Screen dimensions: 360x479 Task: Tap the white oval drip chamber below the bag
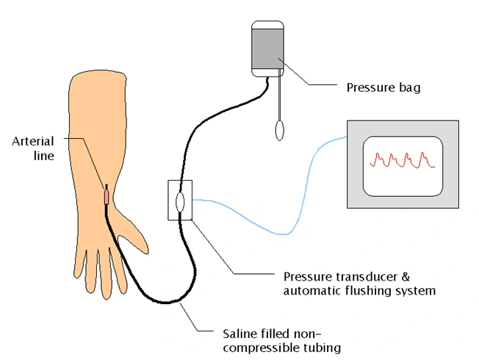click(x=279, y=131)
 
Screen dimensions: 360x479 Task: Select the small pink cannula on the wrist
click(x=106, y=196)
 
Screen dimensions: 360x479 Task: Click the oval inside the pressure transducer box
click(x=180, y=201)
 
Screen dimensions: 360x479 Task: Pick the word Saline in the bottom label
click(x=238, y=334)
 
